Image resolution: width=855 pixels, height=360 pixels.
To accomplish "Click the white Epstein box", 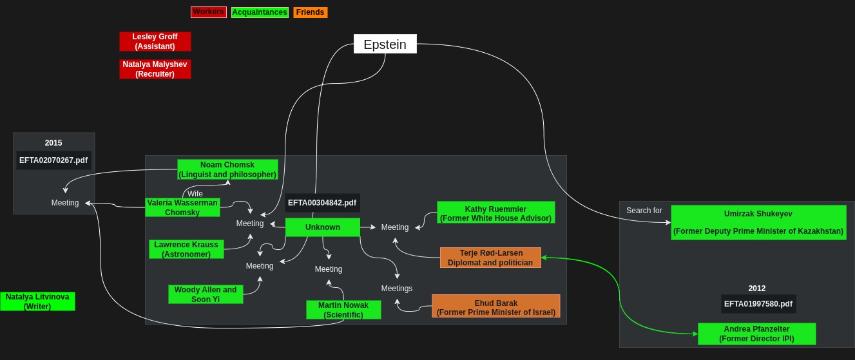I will (x=385, y=44).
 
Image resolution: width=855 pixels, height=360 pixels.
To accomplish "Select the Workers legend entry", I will (x=208, y=12).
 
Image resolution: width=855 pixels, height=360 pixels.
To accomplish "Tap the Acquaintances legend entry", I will (x=260, y=12).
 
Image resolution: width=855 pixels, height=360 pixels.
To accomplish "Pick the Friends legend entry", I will (x=310, y=12).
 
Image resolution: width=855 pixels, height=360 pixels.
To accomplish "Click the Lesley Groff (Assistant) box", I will (x=155, y=41).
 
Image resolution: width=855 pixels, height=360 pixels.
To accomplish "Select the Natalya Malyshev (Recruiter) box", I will (x=155, y=69).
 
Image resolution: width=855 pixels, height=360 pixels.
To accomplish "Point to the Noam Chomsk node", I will (x=227, y=169).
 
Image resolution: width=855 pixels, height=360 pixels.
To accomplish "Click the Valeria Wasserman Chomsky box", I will (x=182, y=207).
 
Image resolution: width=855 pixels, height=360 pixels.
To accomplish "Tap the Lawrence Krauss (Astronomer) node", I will (x=186, y=249).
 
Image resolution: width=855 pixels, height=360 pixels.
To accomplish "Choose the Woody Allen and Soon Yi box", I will (x=206, y=294).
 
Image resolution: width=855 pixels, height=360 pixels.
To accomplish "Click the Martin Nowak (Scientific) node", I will (x=343, y=310).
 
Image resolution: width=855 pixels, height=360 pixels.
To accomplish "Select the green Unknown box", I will (x=322, y=227).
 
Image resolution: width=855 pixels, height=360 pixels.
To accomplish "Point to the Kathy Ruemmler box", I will (x=495, y=213).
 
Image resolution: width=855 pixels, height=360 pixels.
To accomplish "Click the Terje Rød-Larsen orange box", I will (x=490, y=258).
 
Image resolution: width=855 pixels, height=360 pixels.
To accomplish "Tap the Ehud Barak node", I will (x=495, y=308).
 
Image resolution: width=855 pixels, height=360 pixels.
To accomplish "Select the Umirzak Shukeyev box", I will (x=758, y=222).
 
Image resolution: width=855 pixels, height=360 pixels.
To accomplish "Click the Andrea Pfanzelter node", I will (x=756, y=334).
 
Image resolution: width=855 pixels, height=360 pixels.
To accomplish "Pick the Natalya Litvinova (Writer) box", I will (x=37, y=301).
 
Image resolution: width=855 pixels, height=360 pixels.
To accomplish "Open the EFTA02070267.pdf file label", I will (x=53, y=160).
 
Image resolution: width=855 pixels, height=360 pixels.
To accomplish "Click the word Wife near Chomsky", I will (x=195, y=194).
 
